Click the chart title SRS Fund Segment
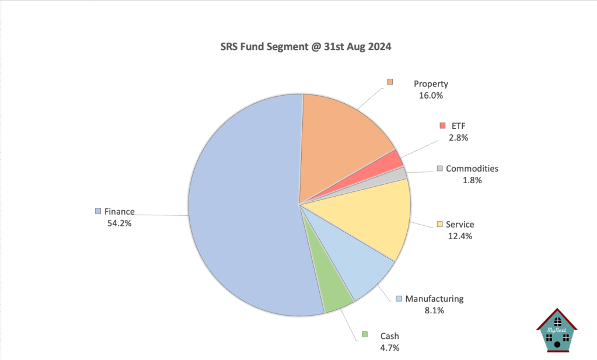[x=298, y=47]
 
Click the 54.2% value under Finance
[x=115, y=223]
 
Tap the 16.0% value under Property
[x=431, y=95]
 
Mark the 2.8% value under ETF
[x=458, y=138]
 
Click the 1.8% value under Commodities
[x=472, y=180]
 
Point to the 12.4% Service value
[x=460, y=236]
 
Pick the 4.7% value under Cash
[x=389, y=348]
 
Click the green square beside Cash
[x=365, y=334]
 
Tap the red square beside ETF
[x=443, y=125]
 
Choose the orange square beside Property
[x=390, y=82]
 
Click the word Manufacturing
[x=434, y=299]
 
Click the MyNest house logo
[x=557, y=331]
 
